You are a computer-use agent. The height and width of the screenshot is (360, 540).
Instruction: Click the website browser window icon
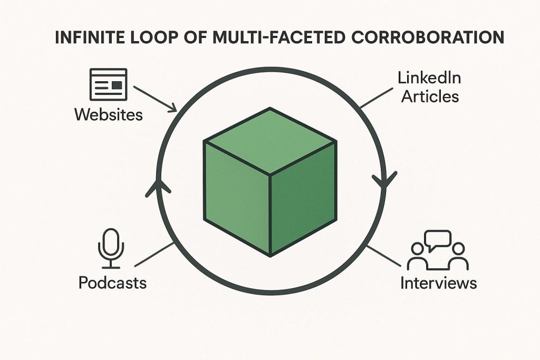pos(108,84)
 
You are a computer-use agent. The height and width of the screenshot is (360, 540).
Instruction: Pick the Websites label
pos(108,114)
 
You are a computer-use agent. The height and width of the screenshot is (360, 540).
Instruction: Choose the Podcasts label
pos(112,283)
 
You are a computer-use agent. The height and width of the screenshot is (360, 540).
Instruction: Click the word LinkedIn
pos(429,79)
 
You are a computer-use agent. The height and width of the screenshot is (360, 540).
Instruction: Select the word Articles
pos(429,97)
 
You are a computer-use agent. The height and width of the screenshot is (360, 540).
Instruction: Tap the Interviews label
pos(438,283)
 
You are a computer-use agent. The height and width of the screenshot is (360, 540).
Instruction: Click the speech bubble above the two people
pos(438,239)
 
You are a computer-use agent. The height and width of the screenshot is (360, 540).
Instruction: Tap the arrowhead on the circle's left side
pos(155,188)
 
